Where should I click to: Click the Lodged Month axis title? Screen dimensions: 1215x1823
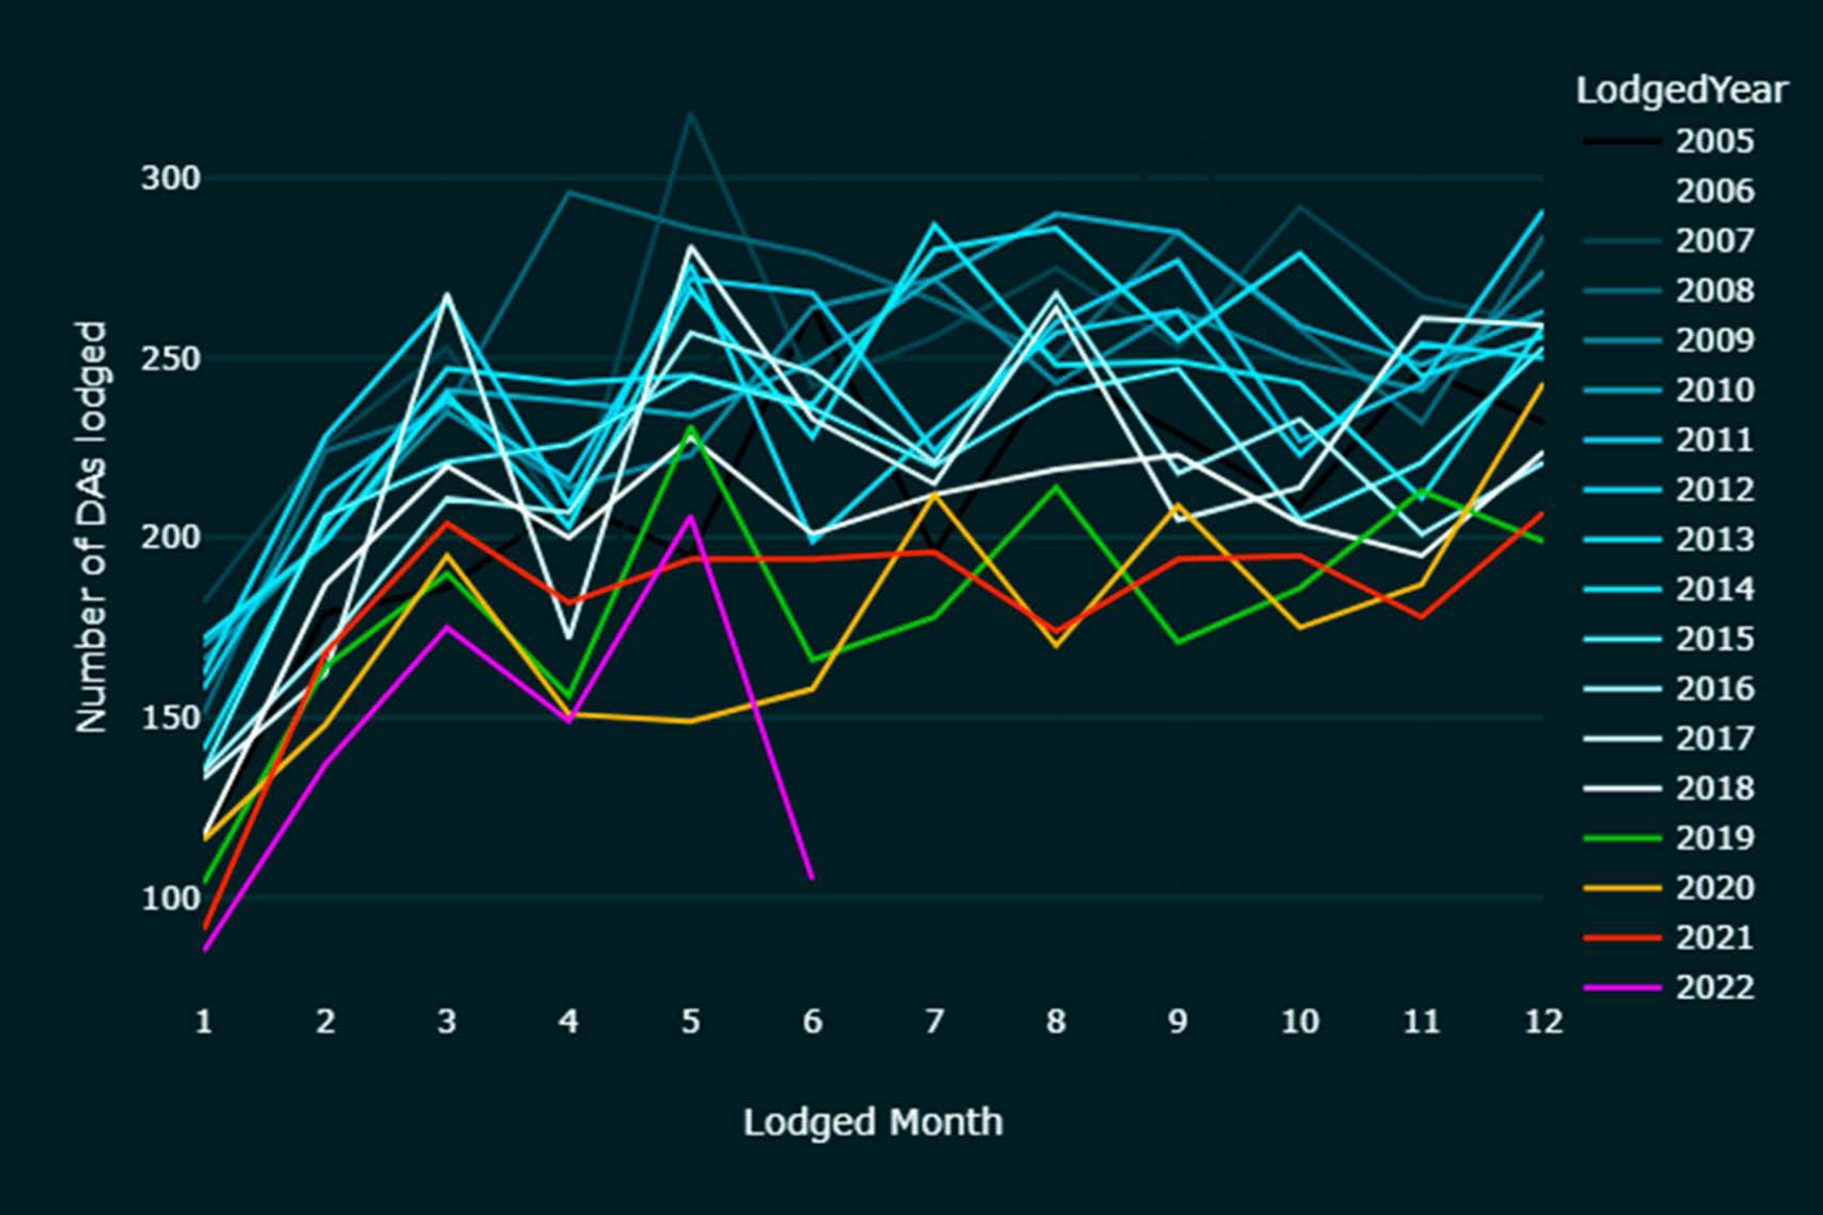[873, 1122]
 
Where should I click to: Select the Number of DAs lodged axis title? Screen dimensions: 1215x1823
[92, 527]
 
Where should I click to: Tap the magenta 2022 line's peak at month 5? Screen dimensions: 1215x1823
[690, 516]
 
